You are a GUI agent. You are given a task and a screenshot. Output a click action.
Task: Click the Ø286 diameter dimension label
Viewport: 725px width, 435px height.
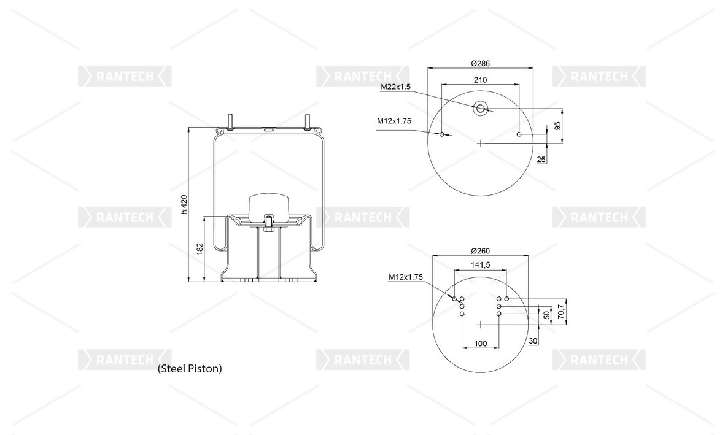pos(481,63)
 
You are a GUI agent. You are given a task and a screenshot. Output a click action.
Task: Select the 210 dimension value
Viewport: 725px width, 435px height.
pos(481,80)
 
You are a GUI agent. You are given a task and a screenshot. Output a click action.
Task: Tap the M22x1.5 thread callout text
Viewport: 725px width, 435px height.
pos(396,87)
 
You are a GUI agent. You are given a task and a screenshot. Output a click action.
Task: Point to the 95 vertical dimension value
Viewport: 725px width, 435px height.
pos(557,126)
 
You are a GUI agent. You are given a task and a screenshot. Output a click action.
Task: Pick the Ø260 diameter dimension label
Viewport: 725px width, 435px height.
pos(481,251)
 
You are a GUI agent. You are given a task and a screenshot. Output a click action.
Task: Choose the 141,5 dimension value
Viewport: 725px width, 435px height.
pos(481,265)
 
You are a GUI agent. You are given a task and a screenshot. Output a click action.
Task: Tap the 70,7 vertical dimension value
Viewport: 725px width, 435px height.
pos(561,312)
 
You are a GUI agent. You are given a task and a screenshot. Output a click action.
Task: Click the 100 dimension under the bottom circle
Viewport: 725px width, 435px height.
pos(481,344)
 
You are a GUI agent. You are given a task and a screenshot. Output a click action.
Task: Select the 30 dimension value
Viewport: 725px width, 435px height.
pos(533,341)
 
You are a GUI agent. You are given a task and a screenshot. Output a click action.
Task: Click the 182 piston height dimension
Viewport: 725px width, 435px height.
pos(200,248)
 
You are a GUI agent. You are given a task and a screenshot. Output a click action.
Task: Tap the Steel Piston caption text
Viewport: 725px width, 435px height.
pos(190,369)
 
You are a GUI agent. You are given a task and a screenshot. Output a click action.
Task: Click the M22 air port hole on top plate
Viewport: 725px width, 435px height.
pos(481,109)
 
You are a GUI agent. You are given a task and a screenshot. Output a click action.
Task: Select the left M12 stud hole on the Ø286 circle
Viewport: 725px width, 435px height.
pos(442,134)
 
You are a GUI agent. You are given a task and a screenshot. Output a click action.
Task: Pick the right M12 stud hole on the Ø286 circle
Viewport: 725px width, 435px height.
pos(519,134)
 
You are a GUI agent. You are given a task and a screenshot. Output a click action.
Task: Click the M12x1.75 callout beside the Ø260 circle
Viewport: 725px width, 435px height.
pos(406,277)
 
